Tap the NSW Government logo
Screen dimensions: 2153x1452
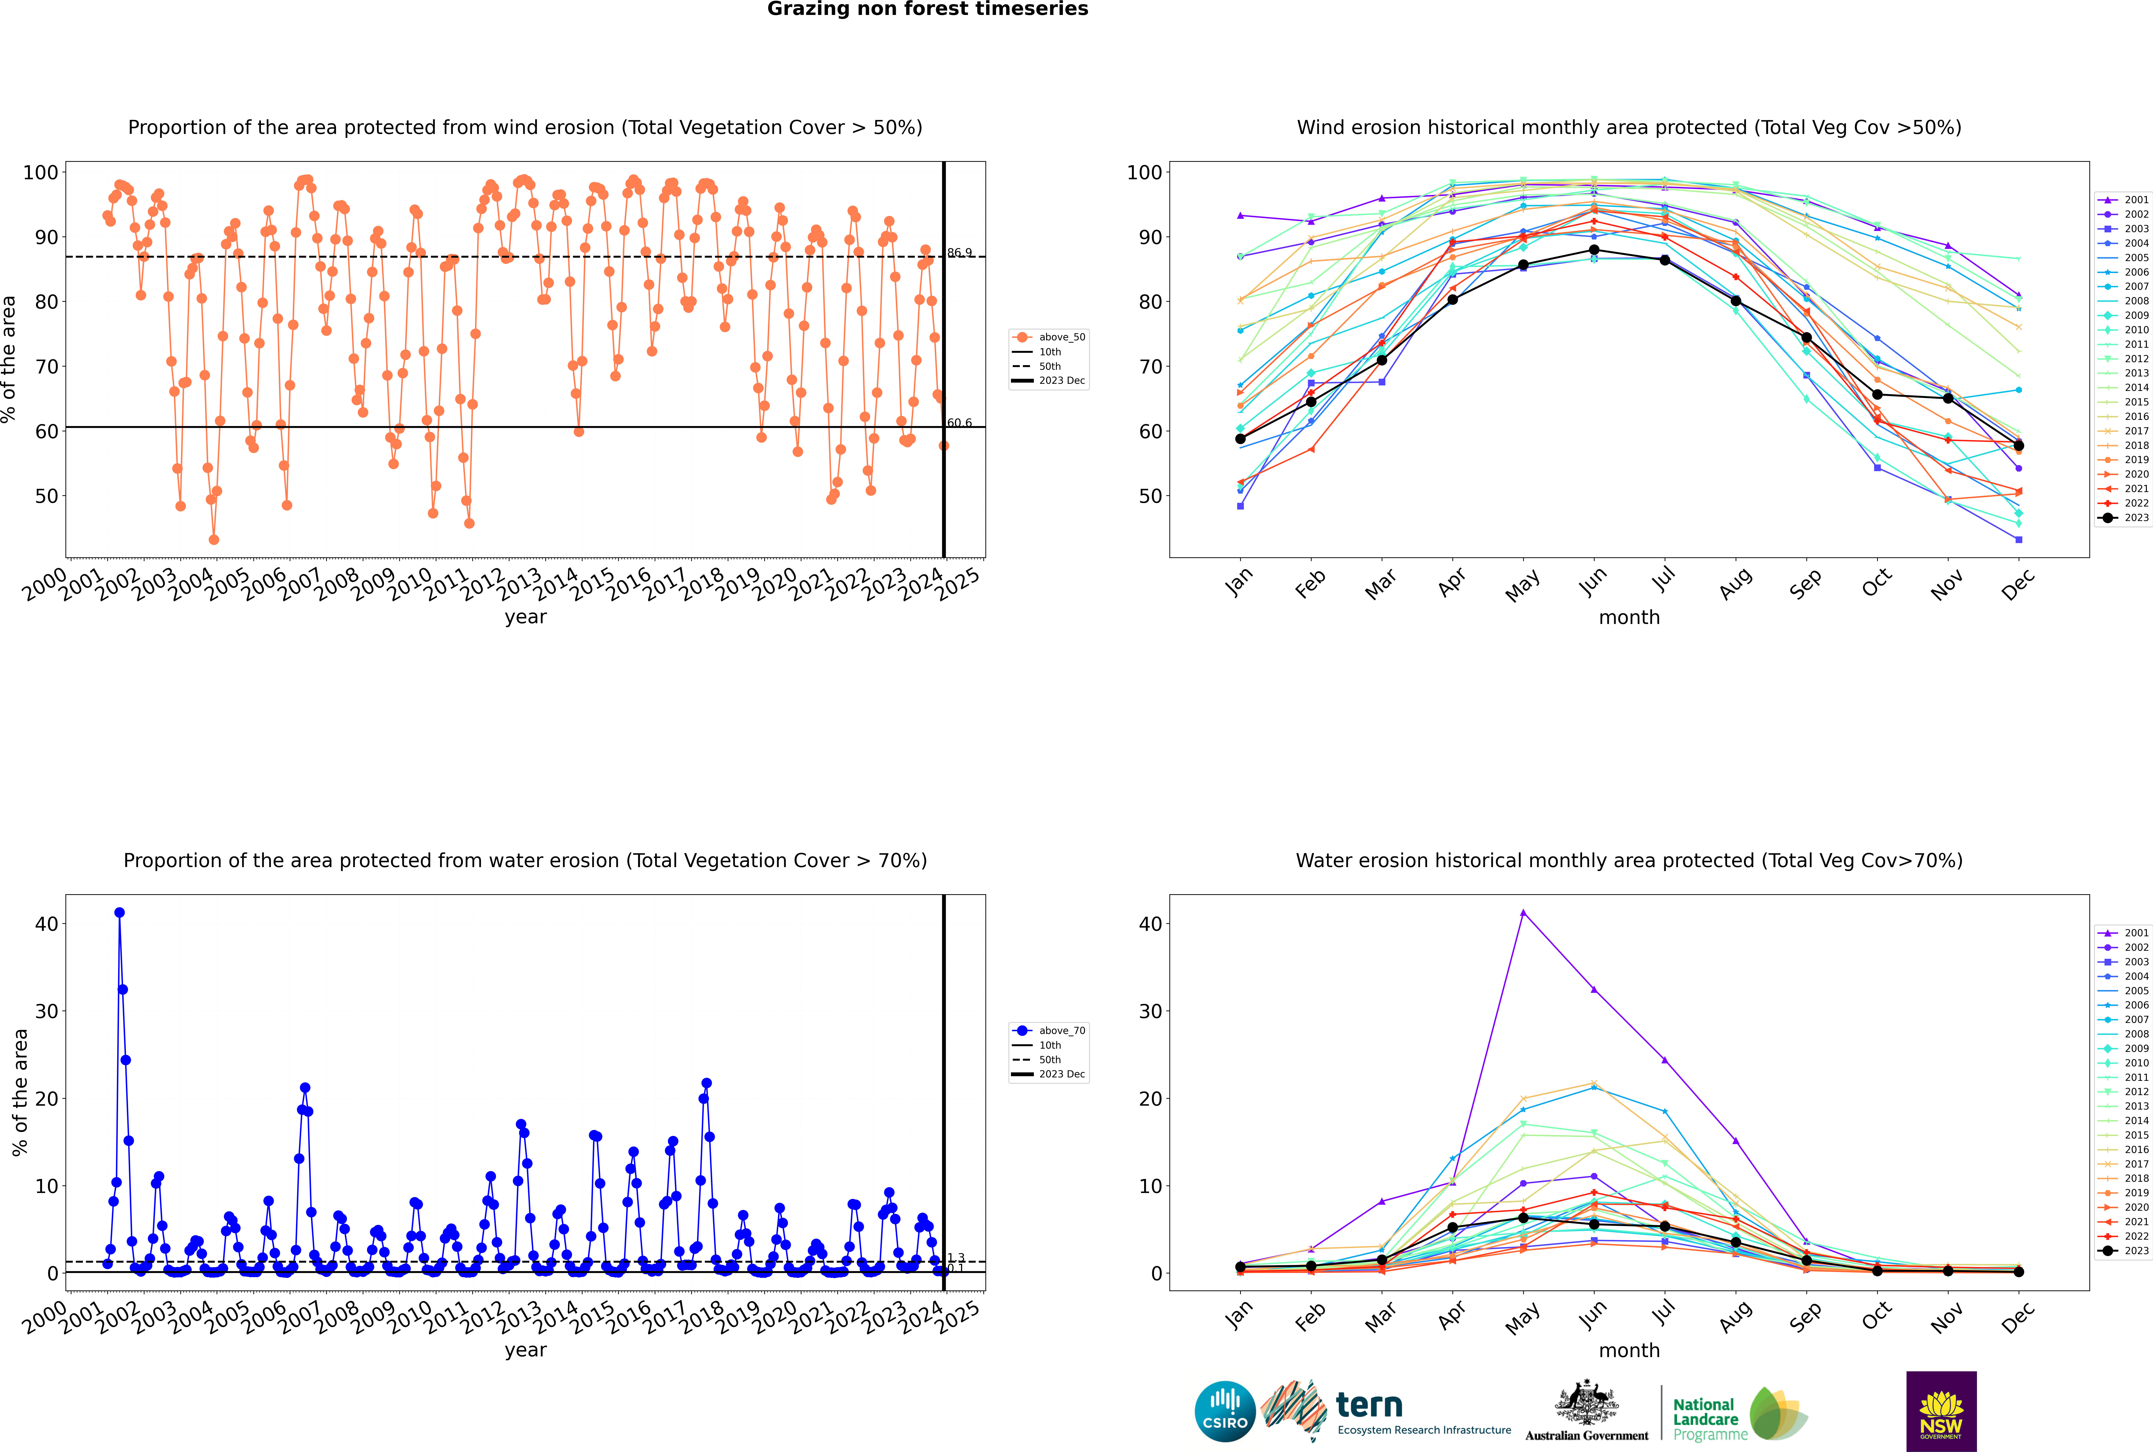[x=1941, y=1411]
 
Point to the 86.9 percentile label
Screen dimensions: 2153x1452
[x=959, y=253]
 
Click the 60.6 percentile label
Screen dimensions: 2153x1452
[x=959, y=423]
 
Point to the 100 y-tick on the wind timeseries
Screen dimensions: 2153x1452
[x=41, y=172]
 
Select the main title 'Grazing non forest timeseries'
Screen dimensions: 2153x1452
[x=928, y=9]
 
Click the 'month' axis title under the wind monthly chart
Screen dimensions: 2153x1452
[x=1629, y=618]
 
